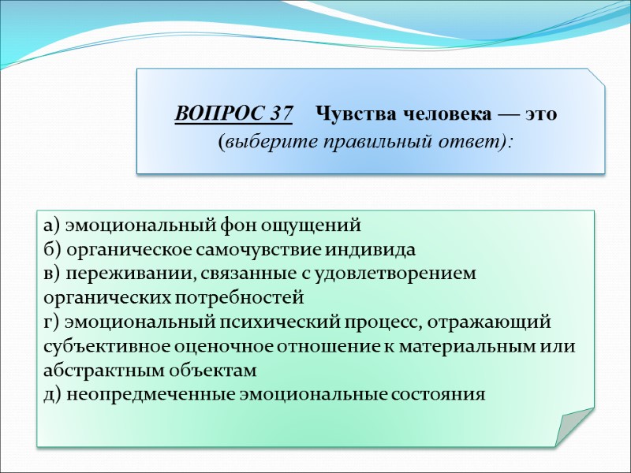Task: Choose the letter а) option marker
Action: click(51, 226)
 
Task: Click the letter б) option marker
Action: click(51, 250)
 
